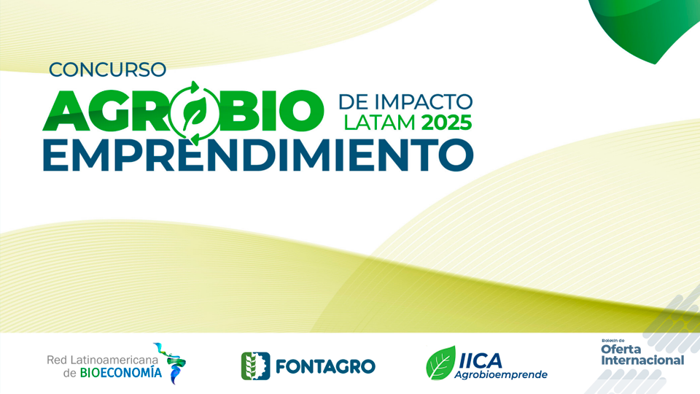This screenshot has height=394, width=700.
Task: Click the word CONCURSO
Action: click(x=108, y=69)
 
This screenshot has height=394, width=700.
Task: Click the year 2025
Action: click(x=446, y=123)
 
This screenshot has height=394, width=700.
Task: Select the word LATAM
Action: click(x=379, y=123)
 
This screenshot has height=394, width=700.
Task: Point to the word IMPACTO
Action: click(x=423, y=102)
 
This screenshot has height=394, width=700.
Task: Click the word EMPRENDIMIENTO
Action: click(x=258, y=155)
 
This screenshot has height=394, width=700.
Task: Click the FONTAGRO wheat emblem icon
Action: click(x=255, y=366)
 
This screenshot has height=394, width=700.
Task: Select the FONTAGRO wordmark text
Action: click(x=325, y=367)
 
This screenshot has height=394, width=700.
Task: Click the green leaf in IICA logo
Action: click(x=440, y=363)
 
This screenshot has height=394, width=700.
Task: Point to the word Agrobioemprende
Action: click(x=501, y=374)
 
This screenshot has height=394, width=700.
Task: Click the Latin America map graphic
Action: click(x=172, y=363)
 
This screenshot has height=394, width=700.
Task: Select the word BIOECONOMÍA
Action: click(x=121, y=373)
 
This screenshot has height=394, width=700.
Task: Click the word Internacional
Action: click(x=642, y=360)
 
